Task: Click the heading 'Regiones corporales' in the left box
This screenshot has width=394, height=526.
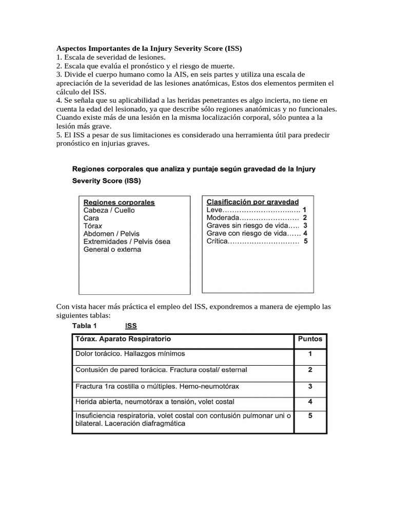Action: click(119, 202)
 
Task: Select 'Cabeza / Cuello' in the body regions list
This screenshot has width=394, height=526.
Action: click(109, 210)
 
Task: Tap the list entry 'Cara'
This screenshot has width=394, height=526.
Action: click(91, 218)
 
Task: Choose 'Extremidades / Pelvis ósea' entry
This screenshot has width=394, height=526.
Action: click(127, 241)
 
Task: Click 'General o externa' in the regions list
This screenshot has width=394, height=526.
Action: click(112, 250)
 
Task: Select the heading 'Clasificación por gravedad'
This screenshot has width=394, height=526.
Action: click(252, 202)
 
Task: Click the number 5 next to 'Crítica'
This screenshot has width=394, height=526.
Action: click(306, 241)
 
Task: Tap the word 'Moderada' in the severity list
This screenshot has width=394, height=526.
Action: click(223, 218)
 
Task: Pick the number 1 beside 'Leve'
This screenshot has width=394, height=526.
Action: click(305, 210)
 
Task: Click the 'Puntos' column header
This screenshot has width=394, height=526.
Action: click(310, 339)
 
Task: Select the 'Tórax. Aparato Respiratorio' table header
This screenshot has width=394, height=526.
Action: click(123, 339)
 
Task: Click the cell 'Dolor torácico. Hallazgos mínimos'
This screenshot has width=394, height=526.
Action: click(130, 354)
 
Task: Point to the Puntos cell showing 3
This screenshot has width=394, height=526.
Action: click(310, 385)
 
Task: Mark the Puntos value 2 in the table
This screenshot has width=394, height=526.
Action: click(310, 369)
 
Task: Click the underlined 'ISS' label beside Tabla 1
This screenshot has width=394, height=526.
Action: click(131, 326)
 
